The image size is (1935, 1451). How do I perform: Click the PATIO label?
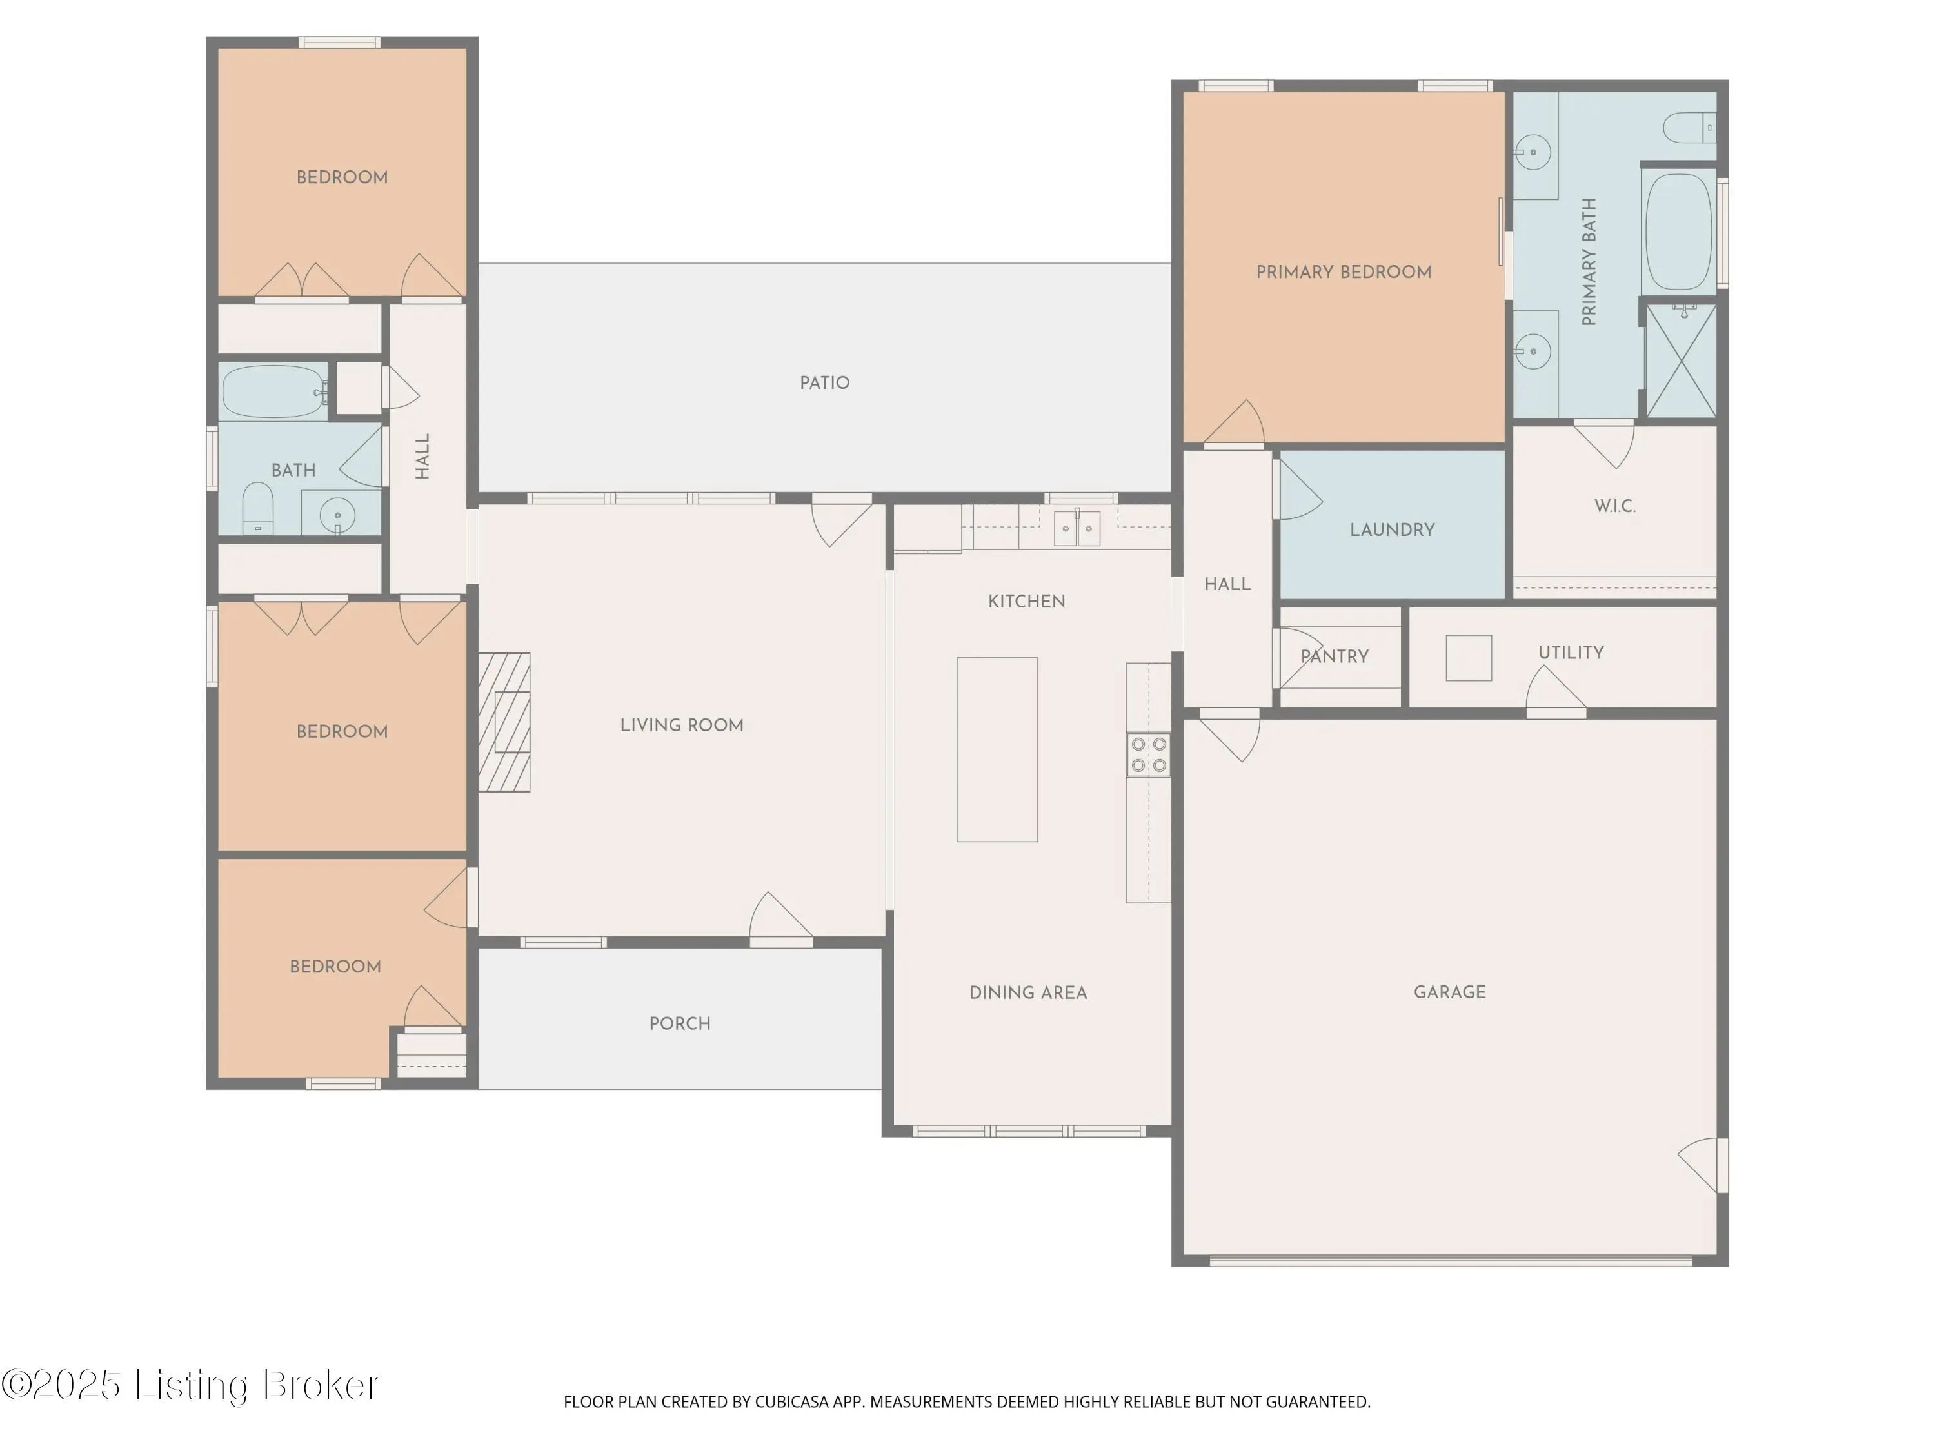(x=824, y=383)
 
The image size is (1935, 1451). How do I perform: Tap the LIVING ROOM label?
(x=682, y=725)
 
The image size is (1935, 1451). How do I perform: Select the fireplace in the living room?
(x=504, y=722)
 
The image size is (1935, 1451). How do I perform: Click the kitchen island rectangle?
(x=997, y=749)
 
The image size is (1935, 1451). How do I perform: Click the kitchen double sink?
(x=1077, y=528)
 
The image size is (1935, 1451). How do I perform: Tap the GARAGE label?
(x=1449, y=992)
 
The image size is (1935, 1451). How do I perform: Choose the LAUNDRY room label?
(x=1392, y=530)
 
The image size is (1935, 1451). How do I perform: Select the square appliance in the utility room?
(x=1469, y=658)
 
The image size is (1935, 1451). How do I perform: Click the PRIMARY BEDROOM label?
(x=1344, y=272)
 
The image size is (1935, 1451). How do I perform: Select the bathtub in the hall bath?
(x=274, y=392)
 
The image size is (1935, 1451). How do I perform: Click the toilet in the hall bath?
(x=257, y=508)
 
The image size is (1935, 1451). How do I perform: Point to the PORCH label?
(x=680, y=1023)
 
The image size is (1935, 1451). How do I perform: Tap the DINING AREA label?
(x=1028, y=992)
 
